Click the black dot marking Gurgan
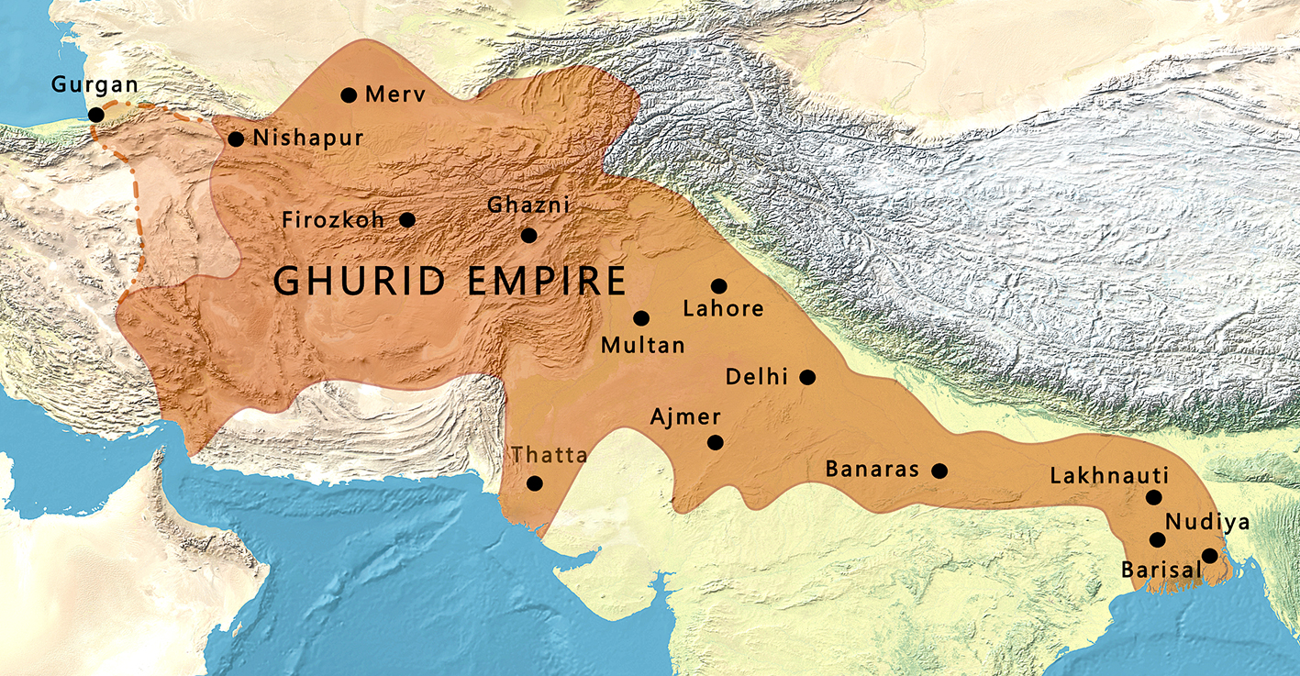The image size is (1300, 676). tap(95, 115)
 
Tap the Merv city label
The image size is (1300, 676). tap(394, 94)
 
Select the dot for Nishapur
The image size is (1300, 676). tap(236, 139)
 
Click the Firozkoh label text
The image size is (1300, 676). tap(333, 220)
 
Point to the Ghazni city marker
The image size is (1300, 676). tap(528, 236)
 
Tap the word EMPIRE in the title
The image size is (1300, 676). tap(546, 280)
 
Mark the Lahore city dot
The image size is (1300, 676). tap(718, 286)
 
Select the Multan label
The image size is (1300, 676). tap(642, 345)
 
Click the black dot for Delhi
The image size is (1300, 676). tap(807, 377)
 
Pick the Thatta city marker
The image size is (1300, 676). tap(534, 483)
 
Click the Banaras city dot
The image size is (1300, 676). tap(939, 471)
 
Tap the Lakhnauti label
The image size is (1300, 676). tap(1108, 476)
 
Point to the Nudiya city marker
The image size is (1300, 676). tap(1157, 540)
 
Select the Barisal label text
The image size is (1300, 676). tap(1161, 570)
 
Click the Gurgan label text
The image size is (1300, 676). tap(94, 85)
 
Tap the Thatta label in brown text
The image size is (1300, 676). tap(550, 454)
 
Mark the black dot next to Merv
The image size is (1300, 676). tap(349, 95)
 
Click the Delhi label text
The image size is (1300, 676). tap(757, 377)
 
